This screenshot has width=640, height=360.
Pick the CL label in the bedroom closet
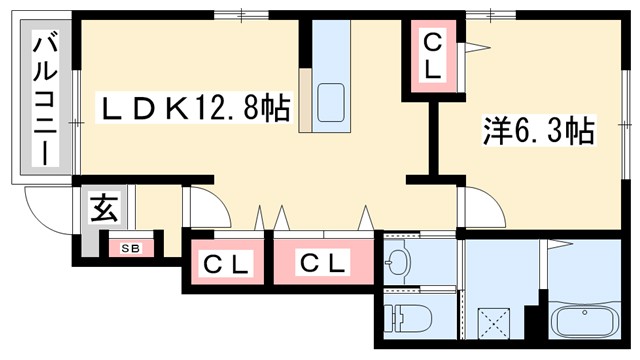tap(432, 57)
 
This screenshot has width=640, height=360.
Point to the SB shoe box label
tap(132, 247)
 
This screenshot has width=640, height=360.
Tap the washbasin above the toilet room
tap(397, 261)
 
